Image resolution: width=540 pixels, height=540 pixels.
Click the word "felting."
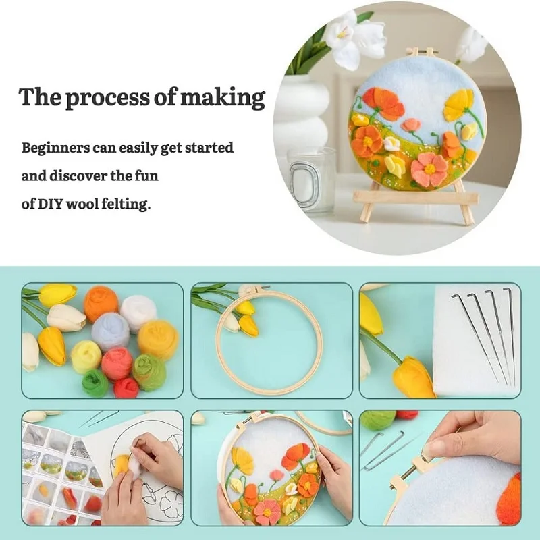tap(126, 205)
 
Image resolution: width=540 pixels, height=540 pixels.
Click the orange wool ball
tap(101, 304)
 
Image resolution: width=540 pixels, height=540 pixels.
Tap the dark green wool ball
tap(95, 383)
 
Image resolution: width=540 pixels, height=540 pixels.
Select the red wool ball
tap(126, 387)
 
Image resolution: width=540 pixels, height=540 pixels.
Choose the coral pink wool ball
tap(117, 364)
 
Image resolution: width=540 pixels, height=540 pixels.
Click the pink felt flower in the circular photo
tap(429, 170)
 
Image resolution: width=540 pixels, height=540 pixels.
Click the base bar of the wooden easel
tap(416, 198)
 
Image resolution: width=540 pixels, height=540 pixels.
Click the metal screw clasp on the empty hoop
tap(253, 289)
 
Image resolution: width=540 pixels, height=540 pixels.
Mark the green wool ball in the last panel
tap(378, 420)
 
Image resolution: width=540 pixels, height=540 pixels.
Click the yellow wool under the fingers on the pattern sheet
tap(123, 462)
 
